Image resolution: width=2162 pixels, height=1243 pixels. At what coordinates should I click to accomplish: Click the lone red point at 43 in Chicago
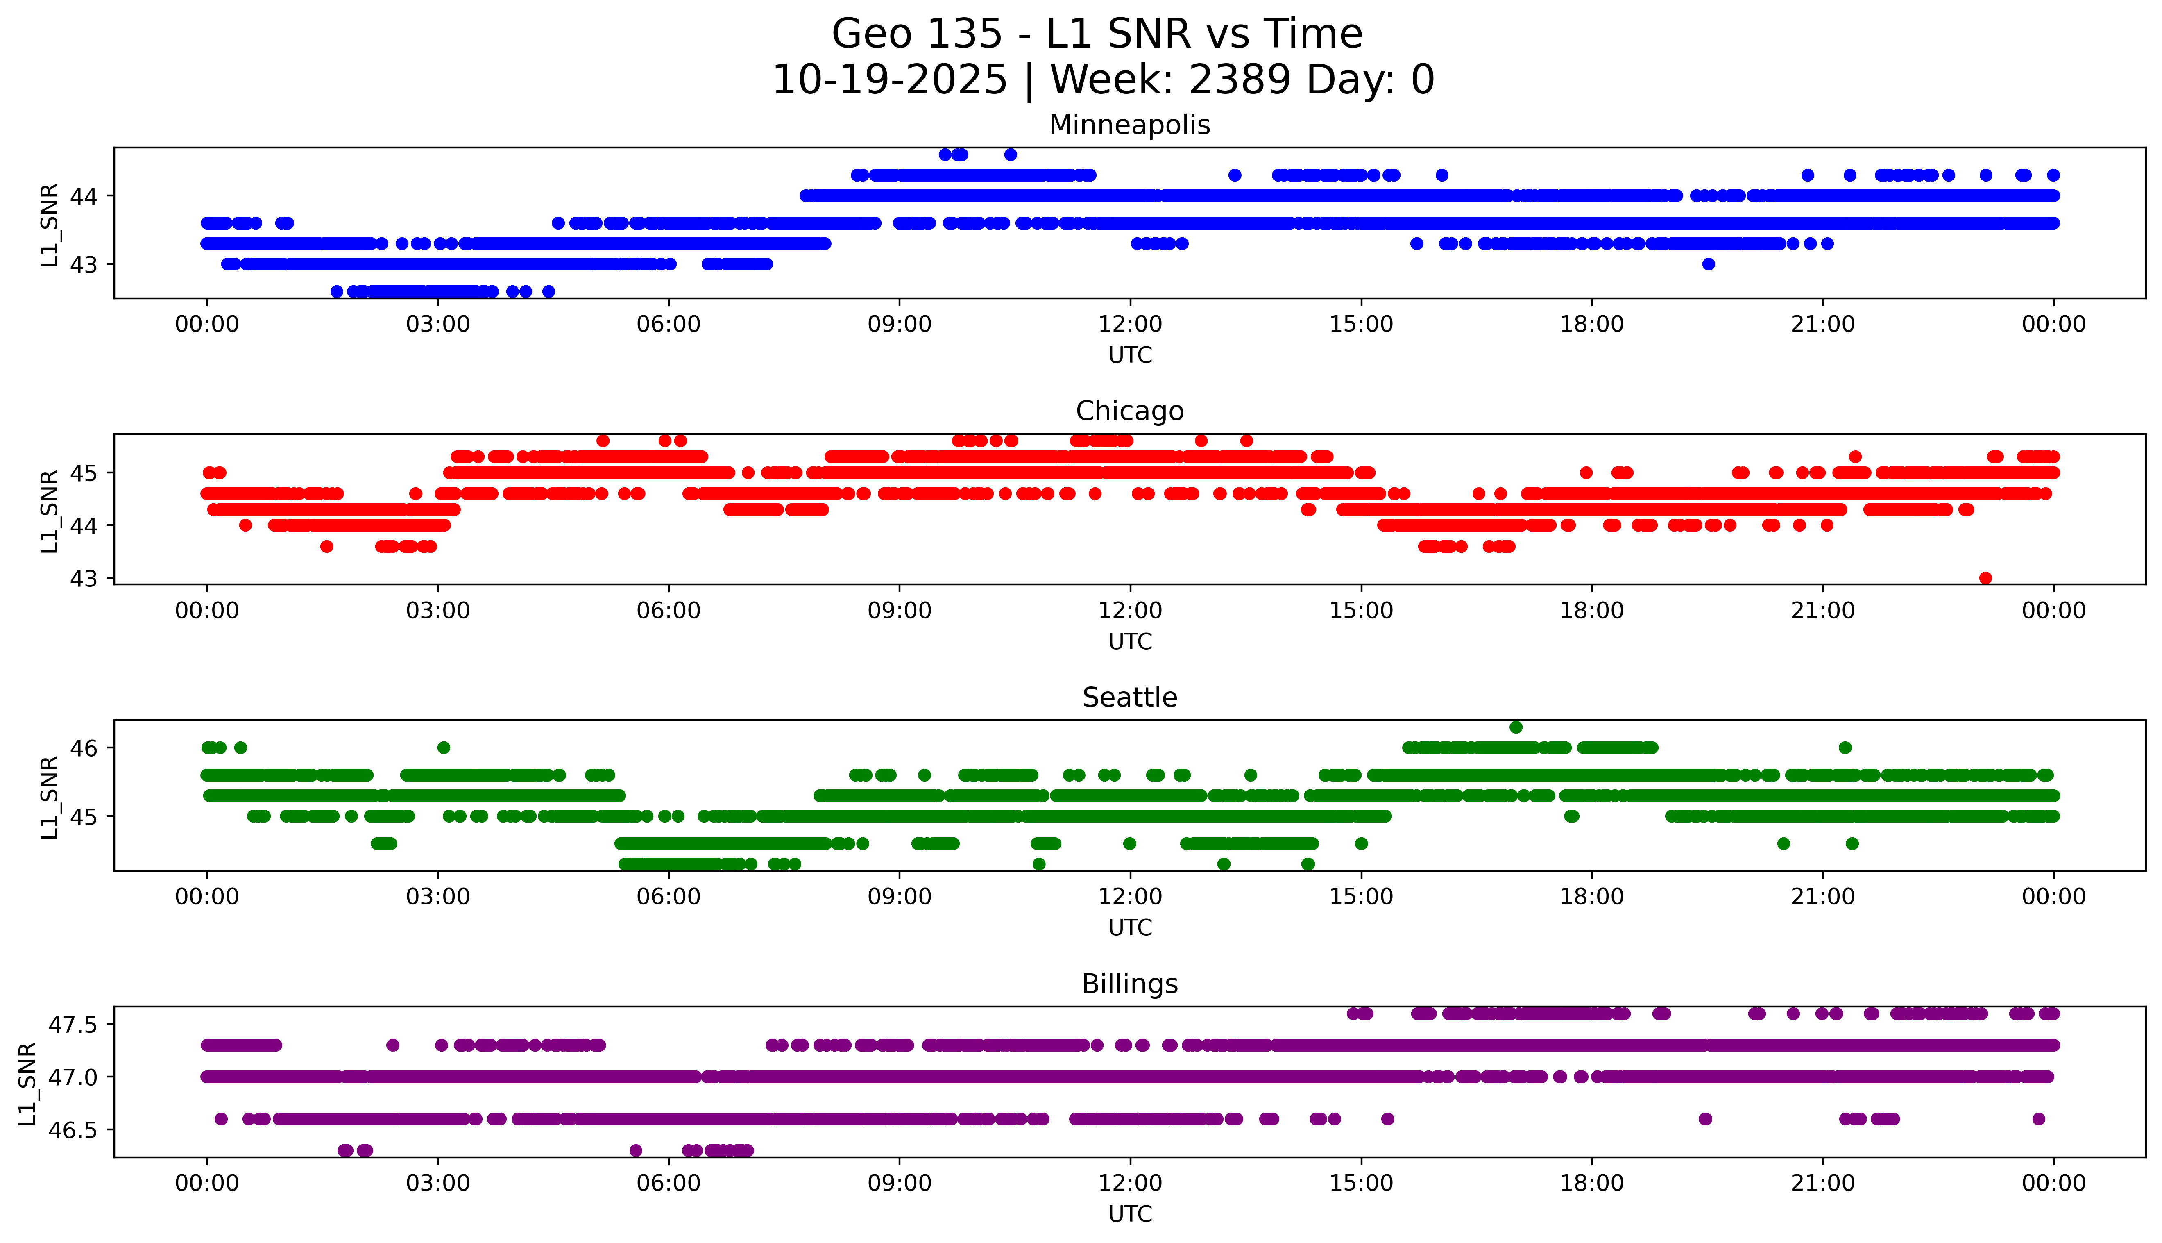1985,578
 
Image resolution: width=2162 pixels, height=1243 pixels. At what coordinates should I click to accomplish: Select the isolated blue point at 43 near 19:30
1708,264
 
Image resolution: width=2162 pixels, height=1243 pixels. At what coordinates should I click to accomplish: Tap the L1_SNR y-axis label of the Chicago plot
50,511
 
